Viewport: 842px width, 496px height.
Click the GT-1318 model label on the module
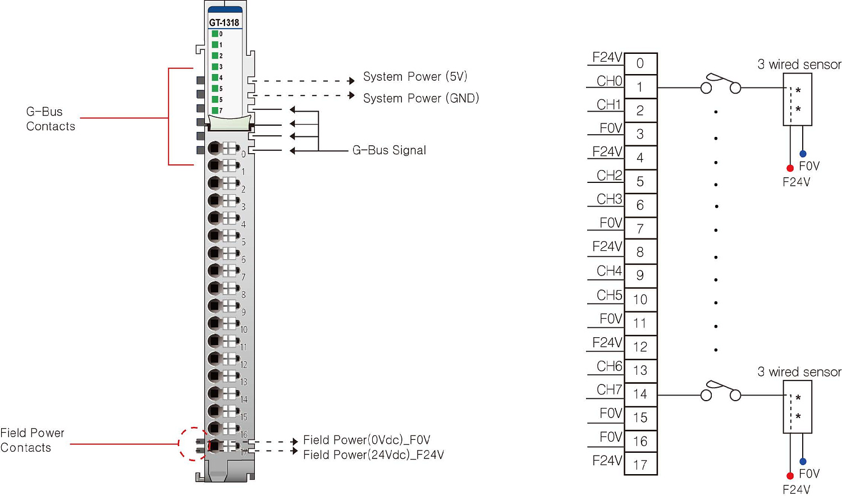(224, 22)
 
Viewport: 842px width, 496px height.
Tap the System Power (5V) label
(415, 76)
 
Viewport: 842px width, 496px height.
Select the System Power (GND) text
(420, 98)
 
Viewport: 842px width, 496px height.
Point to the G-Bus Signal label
(389, 150)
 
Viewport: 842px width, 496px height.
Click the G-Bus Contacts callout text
(50, 119)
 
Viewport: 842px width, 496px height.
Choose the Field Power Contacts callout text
(32, 440)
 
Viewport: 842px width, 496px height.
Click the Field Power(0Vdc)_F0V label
(367, 440)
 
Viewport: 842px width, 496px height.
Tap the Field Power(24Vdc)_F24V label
(373, 454)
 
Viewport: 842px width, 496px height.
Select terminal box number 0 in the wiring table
(640, 63)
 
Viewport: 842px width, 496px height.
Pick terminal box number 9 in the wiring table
(640, 275)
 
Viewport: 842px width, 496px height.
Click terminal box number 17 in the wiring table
(640, 465)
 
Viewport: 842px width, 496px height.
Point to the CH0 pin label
(609, 81)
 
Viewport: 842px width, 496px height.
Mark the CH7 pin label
(609, 389)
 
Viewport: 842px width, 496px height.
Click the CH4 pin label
(609, 271)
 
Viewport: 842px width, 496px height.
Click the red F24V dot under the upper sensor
(790, 168)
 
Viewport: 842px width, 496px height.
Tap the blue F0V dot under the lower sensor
(803, 461)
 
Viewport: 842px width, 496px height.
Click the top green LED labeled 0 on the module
(215, 34)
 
